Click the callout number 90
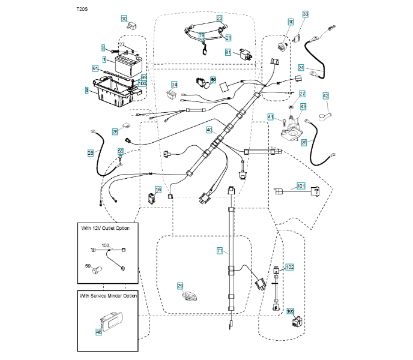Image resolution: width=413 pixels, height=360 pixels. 124,19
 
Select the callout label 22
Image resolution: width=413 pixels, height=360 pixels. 219,19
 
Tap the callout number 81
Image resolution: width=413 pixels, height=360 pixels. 228,52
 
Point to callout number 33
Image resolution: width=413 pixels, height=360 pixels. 306,14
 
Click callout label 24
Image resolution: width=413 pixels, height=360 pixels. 301,68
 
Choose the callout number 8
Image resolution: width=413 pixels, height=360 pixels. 86,90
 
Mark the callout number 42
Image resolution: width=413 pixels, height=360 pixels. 326,95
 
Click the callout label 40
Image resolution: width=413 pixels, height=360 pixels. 210,130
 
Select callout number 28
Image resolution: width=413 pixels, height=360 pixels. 91,154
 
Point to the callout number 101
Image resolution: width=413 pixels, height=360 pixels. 301,187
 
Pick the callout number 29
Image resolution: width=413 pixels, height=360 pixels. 179,286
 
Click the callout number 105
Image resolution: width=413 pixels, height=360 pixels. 291,311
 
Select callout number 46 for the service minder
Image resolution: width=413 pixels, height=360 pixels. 99,330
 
